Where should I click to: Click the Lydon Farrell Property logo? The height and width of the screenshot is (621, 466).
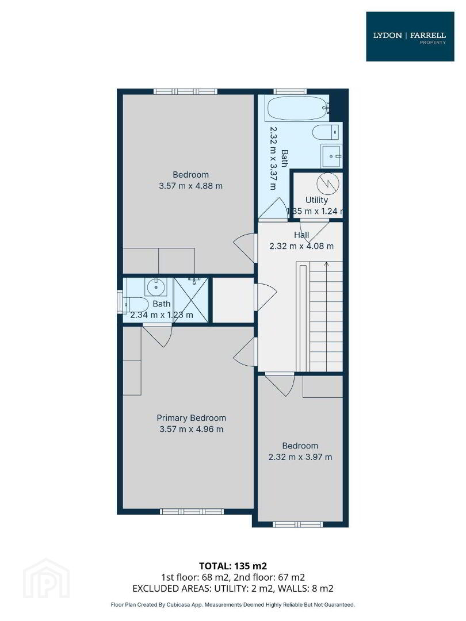[x=410, y=36]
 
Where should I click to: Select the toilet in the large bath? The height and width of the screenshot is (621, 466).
[x=326, y=132]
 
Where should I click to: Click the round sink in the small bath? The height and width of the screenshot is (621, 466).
[x=156, y=287]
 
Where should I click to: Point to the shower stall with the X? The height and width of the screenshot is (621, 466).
[x=191, y=300]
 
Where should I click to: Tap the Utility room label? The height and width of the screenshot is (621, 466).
[x=316, y=200]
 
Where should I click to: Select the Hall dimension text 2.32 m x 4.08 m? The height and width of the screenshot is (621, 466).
[x=301, y=246]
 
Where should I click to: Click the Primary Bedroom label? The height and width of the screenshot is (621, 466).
[x=192, y=418]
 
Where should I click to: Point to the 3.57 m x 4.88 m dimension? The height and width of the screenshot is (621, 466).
[x=190, y=186]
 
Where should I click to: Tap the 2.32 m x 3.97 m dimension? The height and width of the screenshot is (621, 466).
[x=300, y=457]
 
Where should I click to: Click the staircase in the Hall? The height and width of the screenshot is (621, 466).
[x=319, y=316]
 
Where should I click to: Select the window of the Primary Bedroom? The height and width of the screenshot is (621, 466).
[x=192, y=511]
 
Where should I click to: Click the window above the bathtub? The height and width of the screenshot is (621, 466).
[x=291, y=91]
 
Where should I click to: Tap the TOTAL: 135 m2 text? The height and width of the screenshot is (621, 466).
[x=233, y=566]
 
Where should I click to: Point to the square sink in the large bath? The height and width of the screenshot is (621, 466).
[x=331, y=156]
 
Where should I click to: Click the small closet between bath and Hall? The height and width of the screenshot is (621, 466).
[x=233, y=300]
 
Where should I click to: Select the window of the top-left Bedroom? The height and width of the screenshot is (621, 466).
[x=185, y=91]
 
